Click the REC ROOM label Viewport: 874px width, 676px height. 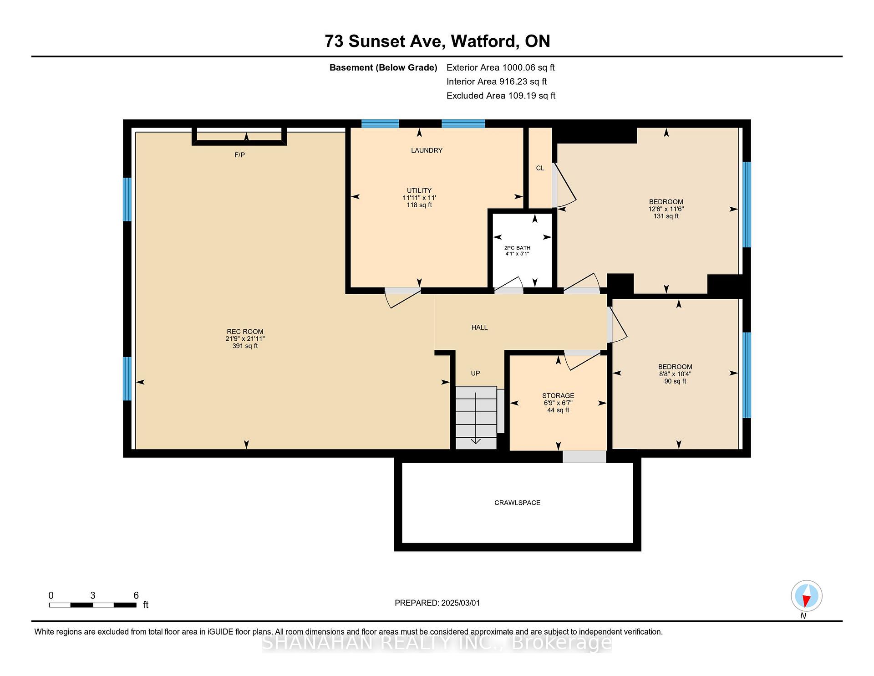[x=245, y=332]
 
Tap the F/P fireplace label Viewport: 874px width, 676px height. [x=239, y=155]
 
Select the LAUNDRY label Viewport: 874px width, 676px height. [x=427, y=150]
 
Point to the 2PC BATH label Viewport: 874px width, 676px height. [x=517, y=248]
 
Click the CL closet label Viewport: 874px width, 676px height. [x=540, y=168]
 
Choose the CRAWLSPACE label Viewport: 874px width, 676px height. [x=517, y=503]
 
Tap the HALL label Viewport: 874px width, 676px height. [x=479, y=327]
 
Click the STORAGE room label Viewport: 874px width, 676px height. [x=558, y=395]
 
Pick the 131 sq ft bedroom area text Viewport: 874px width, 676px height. [x=666, y=216]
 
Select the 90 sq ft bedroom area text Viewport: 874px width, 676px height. [x=675, y=381]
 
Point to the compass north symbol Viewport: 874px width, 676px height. [x=806, y=596]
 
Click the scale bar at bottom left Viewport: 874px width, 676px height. [x=93, y=605]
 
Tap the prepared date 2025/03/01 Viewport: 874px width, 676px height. [x=460, y=603]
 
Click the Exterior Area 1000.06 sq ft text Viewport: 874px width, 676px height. [x=501, y=68]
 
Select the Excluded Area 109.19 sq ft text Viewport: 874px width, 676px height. [x=501, y=96]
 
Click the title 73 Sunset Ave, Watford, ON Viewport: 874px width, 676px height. [x=437, y=41]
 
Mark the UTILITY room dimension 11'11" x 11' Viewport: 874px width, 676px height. [x=419, y=198]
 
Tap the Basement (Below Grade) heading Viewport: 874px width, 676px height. [x=383, y=68]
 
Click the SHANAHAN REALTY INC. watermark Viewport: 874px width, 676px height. [x=437, y=642]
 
